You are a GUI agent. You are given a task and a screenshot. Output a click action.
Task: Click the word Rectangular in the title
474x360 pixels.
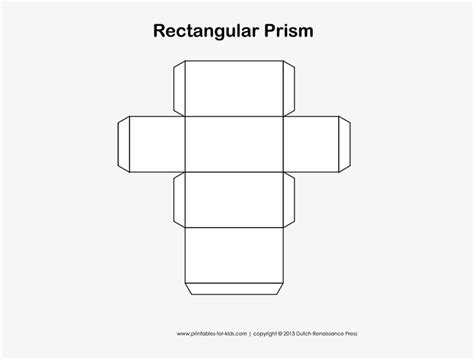click(x=211, y=30)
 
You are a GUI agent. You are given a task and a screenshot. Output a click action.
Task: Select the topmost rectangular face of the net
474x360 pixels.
click(x=235, y=88)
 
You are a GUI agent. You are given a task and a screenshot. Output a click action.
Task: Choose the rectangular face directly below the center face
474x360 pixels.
click(x=235, y=201)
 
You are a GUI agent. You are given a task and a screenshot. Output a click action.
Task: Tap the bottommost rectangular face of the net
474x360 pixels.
click(x=235, y=257)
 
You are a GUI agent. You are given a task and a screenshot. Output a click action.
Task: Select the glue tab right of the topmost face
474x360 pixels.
click(x=293, y=88)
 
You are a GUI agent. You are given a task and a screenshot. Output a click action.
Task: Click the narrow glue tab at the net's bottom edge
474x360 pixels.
click(x=235, y=291)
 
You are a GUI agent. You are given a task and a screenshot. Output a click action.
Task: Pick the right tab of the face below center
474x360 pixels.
click(x=293, y=201)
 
